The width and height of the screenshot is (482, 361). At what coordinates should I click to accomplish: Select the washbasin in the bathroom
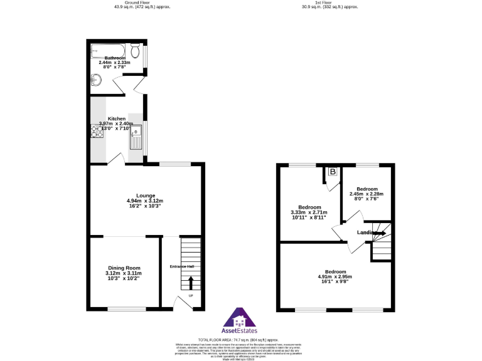[x=97, y=80]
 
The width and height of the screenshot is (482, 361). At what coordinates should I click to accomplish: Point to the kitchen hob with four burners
[x=97, y=130]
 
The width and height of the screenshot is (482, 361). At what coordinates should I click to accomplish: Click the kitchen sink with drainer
[x=136, y=137]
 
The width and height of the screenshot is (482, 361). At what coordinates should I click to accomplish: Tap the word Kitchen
[x=117, y=118]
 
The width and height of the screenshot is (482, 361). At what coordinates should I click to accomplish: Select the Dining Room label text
[x=123, y=268]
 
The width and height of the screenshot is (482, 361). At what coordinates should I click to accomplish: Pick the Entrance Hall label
[x=182, y=267]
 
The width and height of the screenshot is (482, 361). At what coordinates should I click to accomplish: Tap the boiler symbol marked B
[x=333, y=172]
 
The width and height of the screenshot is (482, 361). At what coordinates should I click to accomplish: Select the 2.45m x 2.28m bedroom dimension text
[x=367, y=194]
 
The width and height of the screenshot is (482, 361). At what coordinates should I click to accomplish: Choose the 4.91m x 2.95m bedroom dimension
[x=335, y=276]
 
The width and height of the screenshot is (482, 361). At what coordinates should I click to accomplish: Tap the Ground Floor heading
[x=142, y=3]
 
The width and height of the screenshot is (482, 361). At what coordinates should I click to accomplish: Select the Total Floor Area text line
[x=240, y=339]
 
